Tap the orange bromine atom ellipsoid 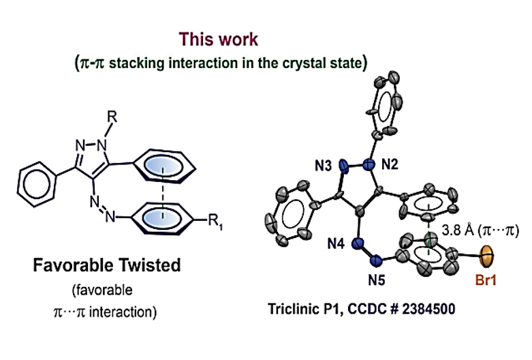coord(486,258)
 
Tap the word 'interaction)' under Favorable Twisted coord(127,312)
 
